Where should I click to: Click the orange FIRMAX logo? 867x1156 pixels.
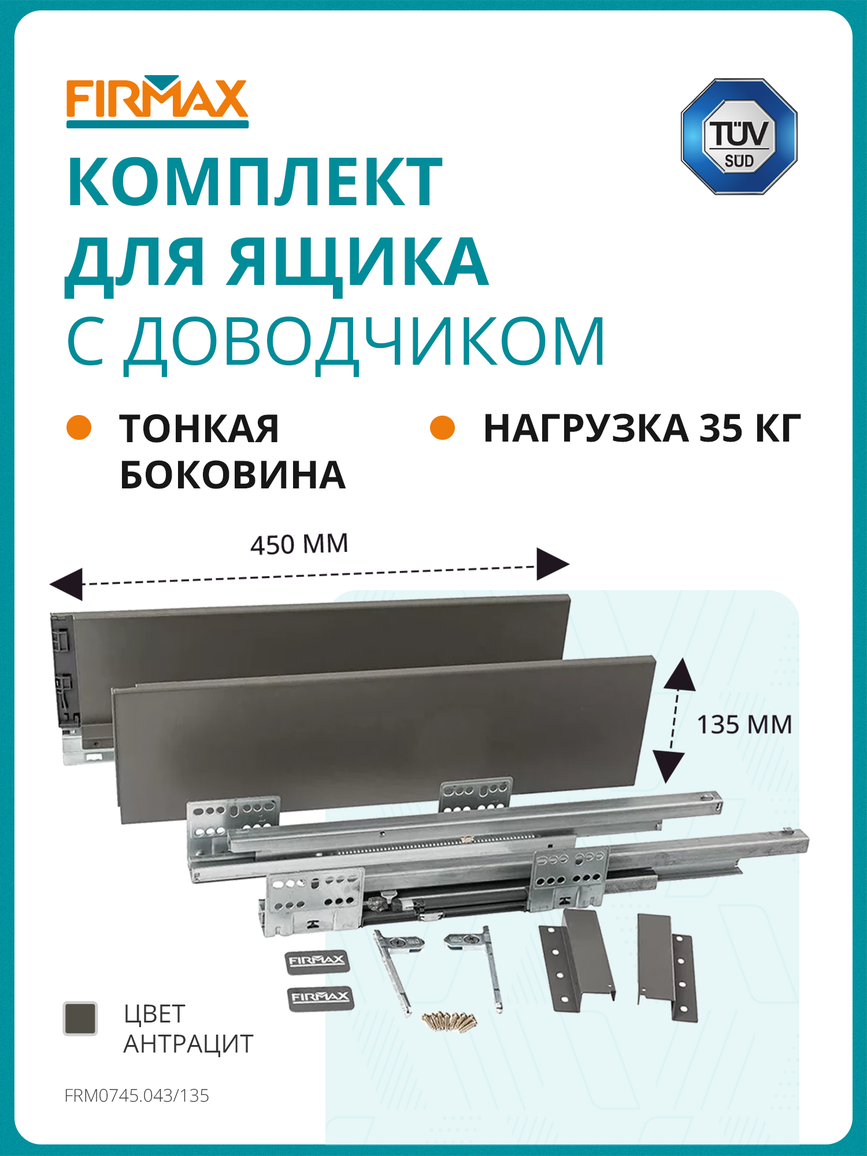(157, 100)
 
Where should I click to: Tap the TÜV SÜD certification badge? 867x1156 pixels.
(739, 137)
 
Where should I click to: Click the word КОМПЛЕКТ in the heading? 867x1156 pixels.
(255, 182)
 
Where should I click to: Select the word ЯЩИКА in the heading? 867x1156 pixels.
(357, 262)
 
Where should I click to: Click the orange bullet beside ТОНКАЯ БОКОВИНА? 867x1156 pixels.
(79, 428)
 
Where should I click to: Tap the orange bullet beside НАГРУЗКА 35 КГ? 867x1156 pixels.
(443, 428)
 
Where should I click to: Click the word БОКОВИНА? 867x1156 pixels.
(232, 476)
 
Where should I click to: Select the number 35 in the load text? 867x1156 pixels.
(721, 429)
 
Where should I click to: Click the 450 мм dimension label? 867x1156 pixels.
(299, 544)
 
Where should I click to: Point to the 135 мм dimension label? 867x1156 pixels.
(744, 725)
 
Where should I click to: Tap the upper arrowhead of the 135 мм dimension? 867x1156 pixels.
(680, 675)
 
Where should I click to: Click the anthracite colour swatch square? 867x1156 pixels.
(80, 1018)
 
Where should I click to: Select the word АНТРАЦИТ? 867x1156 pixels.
(188, 1044)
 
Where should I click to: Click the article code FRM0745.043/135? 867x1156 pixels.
(137, 1096)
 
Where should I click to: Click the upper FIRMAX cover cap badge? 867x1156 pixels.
(317, 961)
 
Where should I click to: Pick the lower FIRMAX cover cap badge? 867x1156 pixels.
(320, 998)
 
